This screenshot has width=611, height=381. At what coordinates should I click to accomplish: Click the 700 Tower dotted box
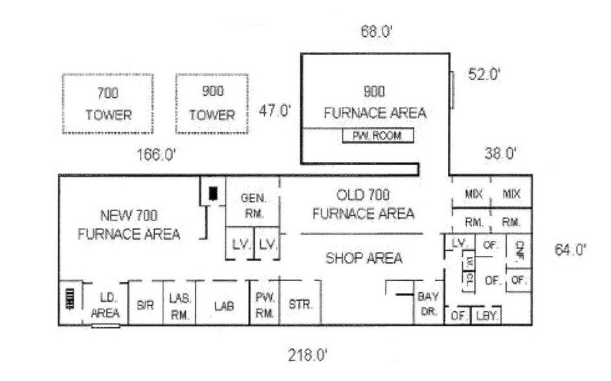[107, 104]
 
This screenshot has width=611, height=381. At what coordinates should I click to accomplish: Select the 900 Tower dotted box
[212, 104]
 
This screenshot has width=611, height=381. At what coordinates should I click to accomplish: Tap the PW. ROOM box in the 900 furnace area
[377, 136]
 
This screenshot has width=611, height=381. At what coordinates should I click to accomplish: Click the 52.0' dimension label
[485, 75]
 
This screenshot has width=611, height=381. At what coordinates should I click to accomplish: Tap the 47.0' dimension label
[276, 110]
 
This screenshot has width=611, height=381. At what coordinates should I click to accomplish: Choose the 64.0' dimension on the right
[570, 249]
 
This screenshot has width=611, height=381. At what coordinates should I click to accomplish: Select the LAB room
[222, 305]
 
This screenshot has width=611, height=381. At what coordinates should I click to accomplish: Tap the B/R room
[145, 305]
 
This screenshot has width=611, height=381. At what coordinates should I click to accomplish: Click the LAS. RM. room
[179, 304]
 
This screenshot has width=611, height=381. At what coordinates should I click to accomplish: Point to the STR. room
[300, 303]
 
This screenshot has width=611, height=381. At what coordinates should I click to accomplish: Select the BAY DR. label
[428, 303]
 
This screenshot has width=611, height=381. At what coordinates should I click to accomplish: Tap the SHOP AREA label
[364, 258]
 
